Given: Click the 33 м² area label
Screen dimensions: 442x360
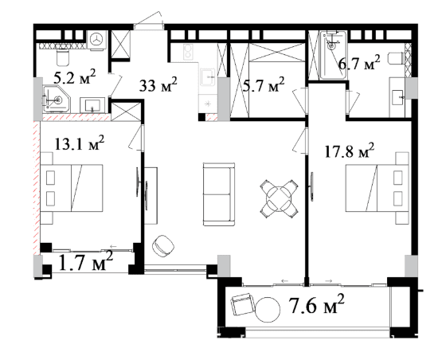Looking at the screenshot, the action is [158, 84].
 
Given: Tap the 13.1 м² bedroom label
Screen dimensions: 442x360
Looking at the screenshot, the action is [79, 143].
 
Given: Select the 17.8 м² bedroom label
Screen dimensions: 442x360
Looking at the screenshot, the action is [350, 151].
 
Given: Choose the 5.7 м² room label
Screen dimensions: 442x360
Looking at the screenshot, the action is [264, 85].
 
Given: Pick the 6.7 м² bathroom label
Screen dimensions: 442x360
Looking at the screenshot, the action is [359, 63].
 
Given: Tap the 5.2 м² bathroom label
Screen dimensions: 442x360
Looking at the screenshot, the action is [74, 76].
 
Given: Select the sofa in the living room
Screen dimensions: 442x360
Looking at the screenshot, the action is [219, 194].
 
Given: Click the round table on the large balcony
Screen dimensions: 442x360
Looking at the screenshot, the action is [268, 310].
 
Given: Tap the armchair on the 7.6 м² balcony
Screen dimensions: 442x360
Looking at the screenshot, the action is [242, 305].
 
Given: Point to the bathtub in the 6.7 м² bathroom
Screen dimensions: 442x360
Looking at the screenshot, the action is [333, 55].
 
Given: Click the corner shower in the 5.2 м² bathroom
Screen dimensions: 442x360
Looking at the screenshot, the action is [57, 100].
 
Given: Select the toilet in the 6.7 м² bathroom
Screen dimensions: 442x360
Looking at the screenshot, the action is [396, 59].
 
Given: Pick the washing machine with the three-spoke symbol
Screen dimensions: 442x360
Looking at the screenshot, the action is [97, 40].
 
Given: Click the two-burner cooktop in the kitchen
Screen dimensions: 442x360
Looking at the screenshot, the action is [187, 52].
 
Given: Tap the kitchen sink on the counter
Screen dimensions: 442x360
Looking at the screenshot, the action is [208, 76].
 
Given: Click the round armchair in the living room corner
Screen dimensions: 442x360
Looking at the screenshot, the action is [163, 246].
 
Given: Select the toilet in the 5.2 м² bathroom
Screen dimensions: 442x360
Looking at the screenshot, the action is [63, 57].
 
